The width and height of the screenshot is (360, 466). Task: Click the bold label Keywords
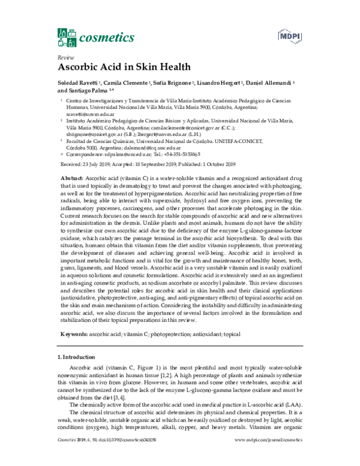[77, 333]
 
